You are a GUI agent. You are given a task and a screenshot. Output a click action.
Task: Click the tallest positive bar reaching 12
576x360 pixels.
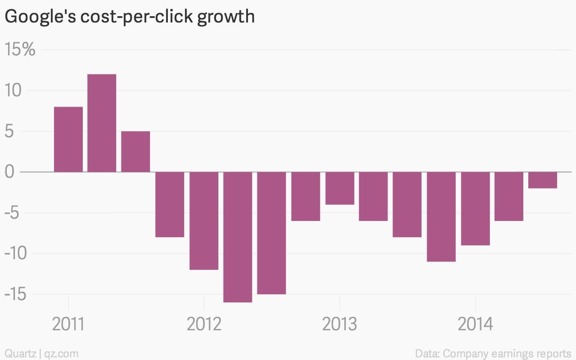102,123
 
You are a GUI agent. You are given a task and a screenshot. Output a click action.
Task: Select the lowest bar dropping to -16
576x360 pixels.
238,237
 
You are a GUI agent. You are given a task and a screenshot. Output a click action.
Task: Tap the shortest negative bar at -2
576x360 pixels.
543,180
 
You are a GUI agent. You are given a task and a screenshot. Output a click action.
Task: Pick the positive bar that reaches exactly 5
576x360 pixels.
135,152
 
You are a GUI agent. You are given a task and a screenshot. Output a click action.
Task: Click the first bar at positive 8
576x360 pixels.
68,139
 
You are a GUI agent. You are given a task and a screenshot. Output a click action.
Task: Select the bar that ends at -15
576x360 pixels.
271,233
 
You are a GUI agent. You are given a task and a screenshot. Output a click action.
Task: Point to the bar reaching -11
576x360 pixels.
441,217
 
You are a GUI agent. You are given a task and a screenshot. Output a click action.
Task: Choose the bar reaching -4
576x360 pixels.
340,188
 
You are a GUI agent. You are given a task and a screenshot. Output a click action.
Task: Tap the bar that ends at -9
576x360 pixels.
476,208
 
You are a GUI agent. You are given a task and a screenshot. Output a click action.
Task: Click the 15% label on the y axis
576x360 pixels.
20,49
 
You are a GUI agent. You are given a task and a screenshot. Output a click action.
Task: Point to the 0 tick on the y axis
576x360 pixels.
9,172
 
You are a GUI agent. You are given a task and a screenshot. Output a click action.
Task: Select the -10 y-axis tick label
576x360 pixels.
16,253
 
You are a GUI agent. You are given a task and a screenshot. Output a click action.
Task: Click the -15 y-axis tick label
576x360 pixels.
15,294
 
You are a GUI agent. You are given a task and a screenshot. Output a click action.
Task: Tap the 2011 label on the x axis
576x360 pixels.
68,324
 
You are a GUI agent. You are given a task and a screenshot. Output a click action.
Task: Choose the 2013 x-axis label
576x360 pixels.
340,324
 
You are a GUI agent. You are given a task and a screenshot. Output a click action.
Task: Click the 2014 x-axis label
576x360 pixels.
476,324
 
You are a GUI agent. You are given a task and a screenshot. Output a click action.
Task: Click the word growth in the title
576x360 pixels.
226,17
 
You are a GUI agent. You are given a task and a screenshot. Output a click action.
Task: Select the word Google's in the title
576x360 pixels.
40,17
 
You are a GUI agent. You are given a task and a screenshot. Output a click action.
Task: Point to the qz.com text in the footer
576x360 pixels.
61,354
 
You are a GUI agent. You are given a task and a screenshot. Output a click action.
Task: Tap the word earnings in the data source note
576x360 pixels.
511,354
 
